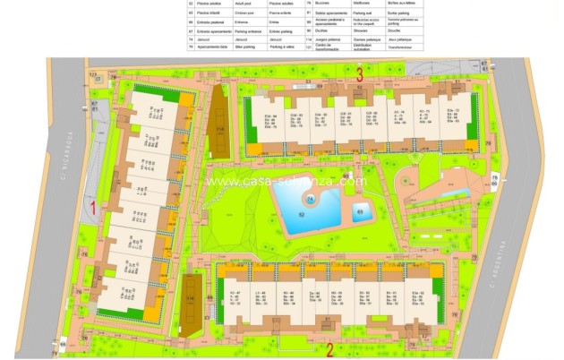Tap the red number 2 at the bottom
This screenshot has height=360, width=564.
[x=329, y=349]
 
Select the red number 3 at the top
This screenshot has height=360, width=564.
[x=359, y=73]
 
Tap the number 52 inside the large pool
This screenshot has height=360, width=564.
[x=302, y=214]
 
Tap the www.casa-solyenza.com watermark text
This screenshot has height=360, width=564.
[x=286, y=181]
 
